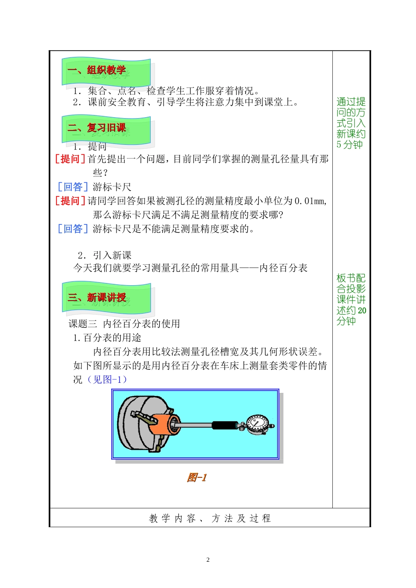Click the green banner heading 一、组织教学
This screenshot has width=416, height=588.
click(106, 71)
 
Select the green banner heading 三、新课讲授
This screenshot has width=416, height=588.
click(106, 298)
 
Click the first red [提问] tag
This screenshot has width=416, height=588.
click(70, 159)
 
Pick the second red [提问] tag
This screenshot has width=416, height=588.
click(70, 201)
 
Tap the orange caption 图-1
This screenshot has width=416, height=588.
click(196, 477)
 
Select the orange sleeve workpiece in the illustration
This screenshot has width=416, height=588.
click(164, 424)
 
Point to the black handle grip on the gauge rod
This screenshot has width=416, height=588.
click(225, 425)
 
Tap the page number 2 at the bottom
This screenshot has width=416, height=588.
click(208, 560)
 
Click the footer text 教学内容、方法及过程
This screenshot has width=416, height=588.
click(210, 518)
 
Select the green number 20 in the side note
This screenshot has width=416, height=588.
click(362, 311)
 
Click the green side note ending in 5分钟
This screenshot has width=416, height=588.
click(351, 123)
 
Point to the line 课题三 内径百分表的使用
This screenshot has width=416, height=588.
click(124, 324)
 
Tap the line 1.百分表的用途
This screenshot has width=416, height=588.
click(107, 338)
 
